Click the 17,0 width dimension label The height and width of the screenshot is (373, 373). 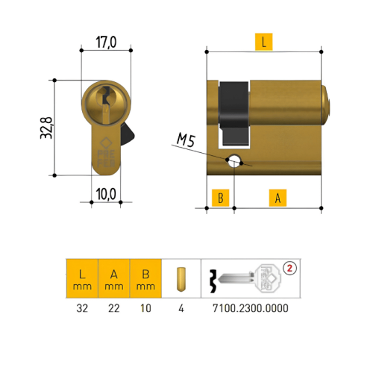coord(106,42)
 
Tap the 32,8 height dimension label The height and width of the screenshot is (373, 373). coord(46,128)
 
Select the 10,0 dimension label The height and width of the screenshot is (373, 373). coord(106,194)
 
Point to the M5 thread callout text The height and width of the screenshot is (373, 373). coord(186,140)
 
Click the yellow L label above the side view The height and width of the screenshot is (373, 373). coord(264,42)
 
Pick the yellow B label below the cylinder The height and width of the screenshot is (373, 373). coord(220,198)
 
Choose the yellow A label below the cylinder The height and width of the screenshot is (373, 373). coord(278,198)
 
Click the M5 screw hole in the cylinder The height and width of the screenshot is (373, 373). coord(234,160)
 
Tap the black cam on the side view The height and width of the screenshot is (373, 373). coord(234,113)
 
